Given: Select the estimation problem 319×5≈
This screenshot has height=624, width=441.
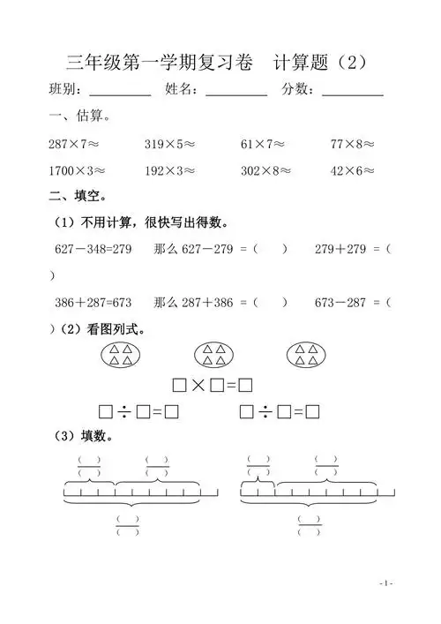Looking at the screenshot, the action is tap(170, 143).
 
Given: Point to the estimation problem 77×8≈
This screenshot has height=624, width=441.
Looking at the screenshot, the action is tap(353, 143).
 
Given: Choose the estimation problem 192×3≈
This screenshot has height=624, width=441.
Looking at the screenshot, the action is tap(170, 171).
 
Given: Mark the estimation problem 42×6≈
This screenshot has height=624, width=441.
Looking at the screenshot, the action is tap(353, 171).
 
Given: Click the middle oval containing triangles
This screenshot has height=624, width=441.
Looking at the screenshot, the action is tap(214, 355).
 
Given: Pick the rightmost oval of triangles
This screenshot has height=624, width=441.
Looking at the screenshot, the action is tap(308, 355).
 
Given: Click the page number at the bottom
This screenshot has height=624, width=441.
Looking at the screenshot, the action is tap(386, 583).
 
